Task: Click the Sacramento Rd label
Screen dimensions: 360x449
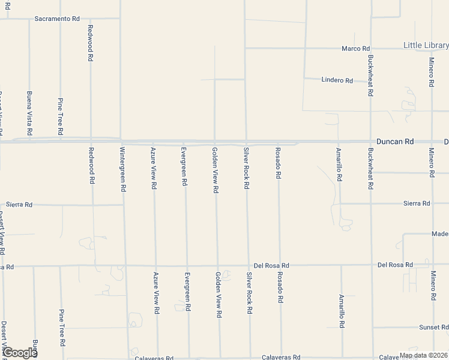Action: coord(57,19)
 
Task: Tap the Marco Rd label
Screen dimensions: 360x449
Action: coord(355,49)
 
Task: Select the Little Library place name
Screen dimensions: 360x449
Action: coord(426,45)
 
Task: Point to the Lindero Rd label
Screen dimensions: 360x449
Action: coord(337,80)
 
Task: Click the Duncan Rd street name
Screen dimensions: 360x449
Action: coord(400,142)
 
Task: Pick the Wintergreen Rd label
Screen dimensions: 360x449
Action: coord(122,169)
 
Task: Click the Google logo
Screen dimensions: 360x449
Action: coord(19,353)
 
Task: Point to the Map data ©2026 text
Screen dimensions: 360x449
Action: coord(423,355)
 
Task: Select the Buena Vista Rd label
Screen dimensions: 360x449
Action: coord(29,113)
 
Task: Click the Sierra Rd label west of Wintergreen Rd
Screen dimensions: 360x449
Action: coord(19,205)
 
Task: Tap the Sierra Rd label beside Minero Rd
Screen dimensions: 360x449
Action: coord(417,203)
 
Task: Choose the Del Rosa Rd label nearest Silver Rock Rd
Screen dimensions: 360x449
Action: coord(271,265)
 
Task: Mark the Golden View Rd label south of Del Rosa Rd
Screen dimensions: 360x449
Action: coord(218,294)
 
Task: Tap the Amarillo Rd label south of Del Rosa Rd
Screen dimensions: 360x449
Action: coord(341,311)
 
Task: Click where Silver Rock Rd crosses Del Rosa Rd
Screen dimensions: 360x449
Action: coord(248,265)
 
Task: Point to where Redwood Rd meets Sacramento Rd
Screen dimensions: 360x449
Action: coord(90,19)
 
